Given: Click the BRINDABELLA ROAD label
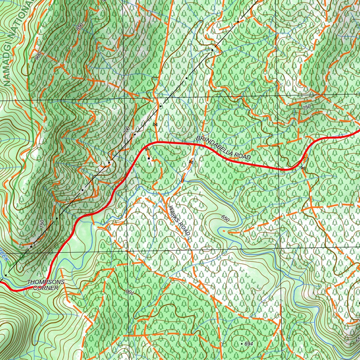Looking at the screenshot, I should click(223, 148).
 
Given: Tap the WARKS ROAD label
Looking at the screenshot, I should click(180, 221).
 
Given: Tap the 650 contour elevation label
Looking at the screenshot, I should click(225, 218).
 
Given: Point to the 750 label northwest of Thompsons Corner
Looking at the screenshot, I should click(42, 224).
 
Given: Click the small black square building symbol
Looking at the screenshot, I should click(149, 159).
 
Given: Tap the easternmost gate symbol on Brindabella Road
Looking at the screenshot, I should click(302, 168).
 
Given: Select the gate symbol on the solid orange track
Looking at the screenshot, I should click(155, 124).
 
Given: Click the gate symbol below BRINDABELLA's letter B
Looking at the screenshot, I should click(191, 161).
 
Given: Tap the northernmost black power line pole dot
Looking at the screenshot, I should click(238, 22).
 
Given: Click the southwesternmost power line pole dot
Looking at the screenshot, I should click(6, 275).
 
